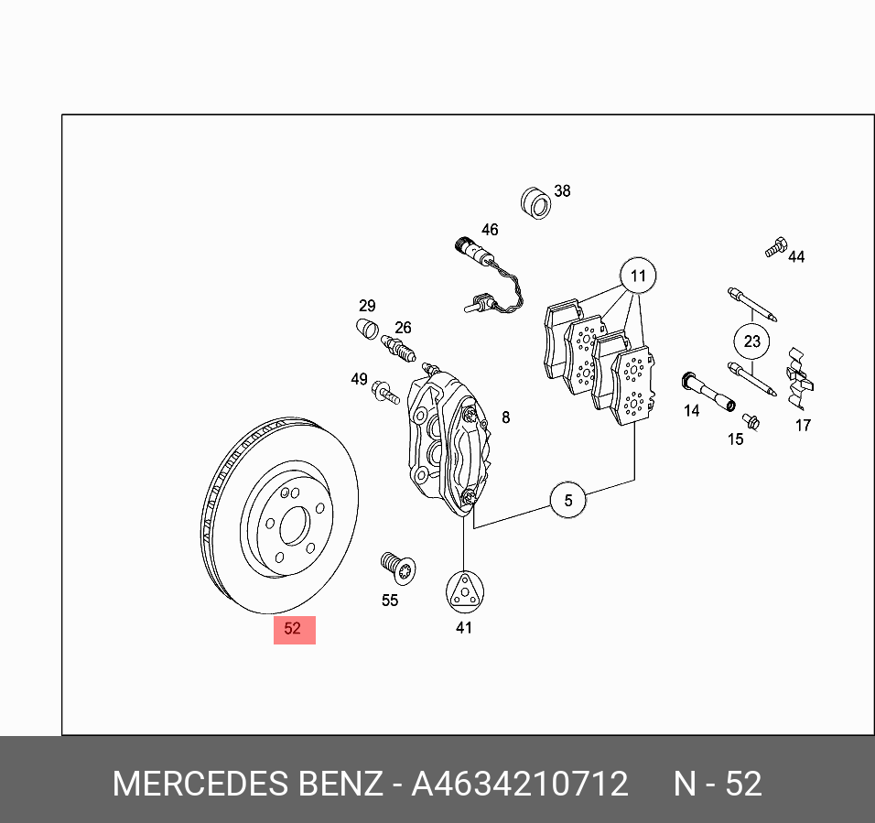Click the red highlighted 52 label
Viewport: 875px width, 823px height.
pyautogui.click(x=294, y=629)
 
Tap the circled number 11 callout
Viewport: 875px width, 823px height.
pyautogui.click(x=638, y=276)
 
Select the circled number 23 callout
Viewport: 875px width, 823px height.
pyautogui.click(x=751, y=341)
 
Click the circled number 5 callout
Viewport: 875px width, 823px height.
pyautogui.click(x=568, y=500)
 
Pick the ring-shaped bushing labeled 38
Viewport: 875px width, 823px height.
pyautogui.click(x=535, y=202)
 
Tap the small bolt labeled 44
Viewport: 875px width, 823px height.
pyautogui.click(x=775, y=245)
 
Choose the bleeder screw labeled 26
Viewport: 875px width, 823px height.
pyautogui.click(x=398, y=348)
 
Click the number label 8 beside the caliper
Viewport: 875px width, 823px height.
pyautogui.click(x=505, y=417)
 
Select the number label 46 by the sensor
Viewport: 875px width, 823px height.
pyautogui.click(x=490, y=230)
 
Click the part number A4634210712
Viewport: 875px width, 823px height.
pyautogui.click(x=519, y=785)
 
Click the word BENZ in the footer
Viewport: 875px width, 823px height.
pyautogui.click(x=340, y=785)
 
